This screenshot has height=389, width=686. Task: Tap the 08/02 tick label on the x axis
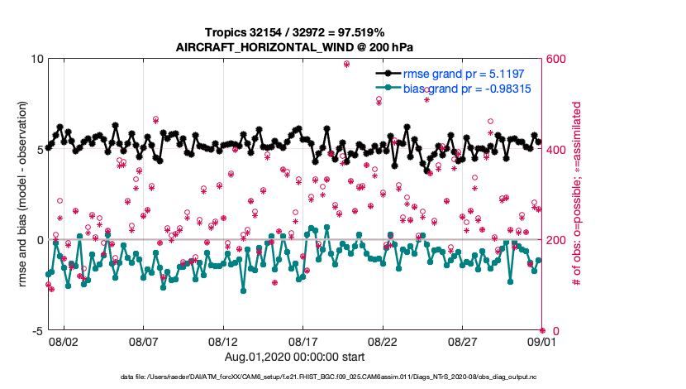click(64, 341)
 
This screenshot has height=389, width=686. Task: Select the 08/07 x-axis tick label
click(144, 341)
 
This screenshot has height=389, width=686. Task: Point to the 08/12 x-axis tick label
click(223, 341)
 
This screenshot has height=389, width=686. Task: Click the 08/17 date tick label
click(303, 341)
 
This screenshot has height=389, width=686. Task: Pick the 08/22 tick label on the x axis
click(383, 341)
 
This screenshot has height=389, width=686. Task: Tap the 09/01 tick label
click(529, 341)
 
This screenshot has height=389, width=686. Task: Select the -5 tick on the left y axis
click(37, 331)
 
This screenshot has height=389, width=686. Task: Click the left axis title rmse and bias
click(22, 195)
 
